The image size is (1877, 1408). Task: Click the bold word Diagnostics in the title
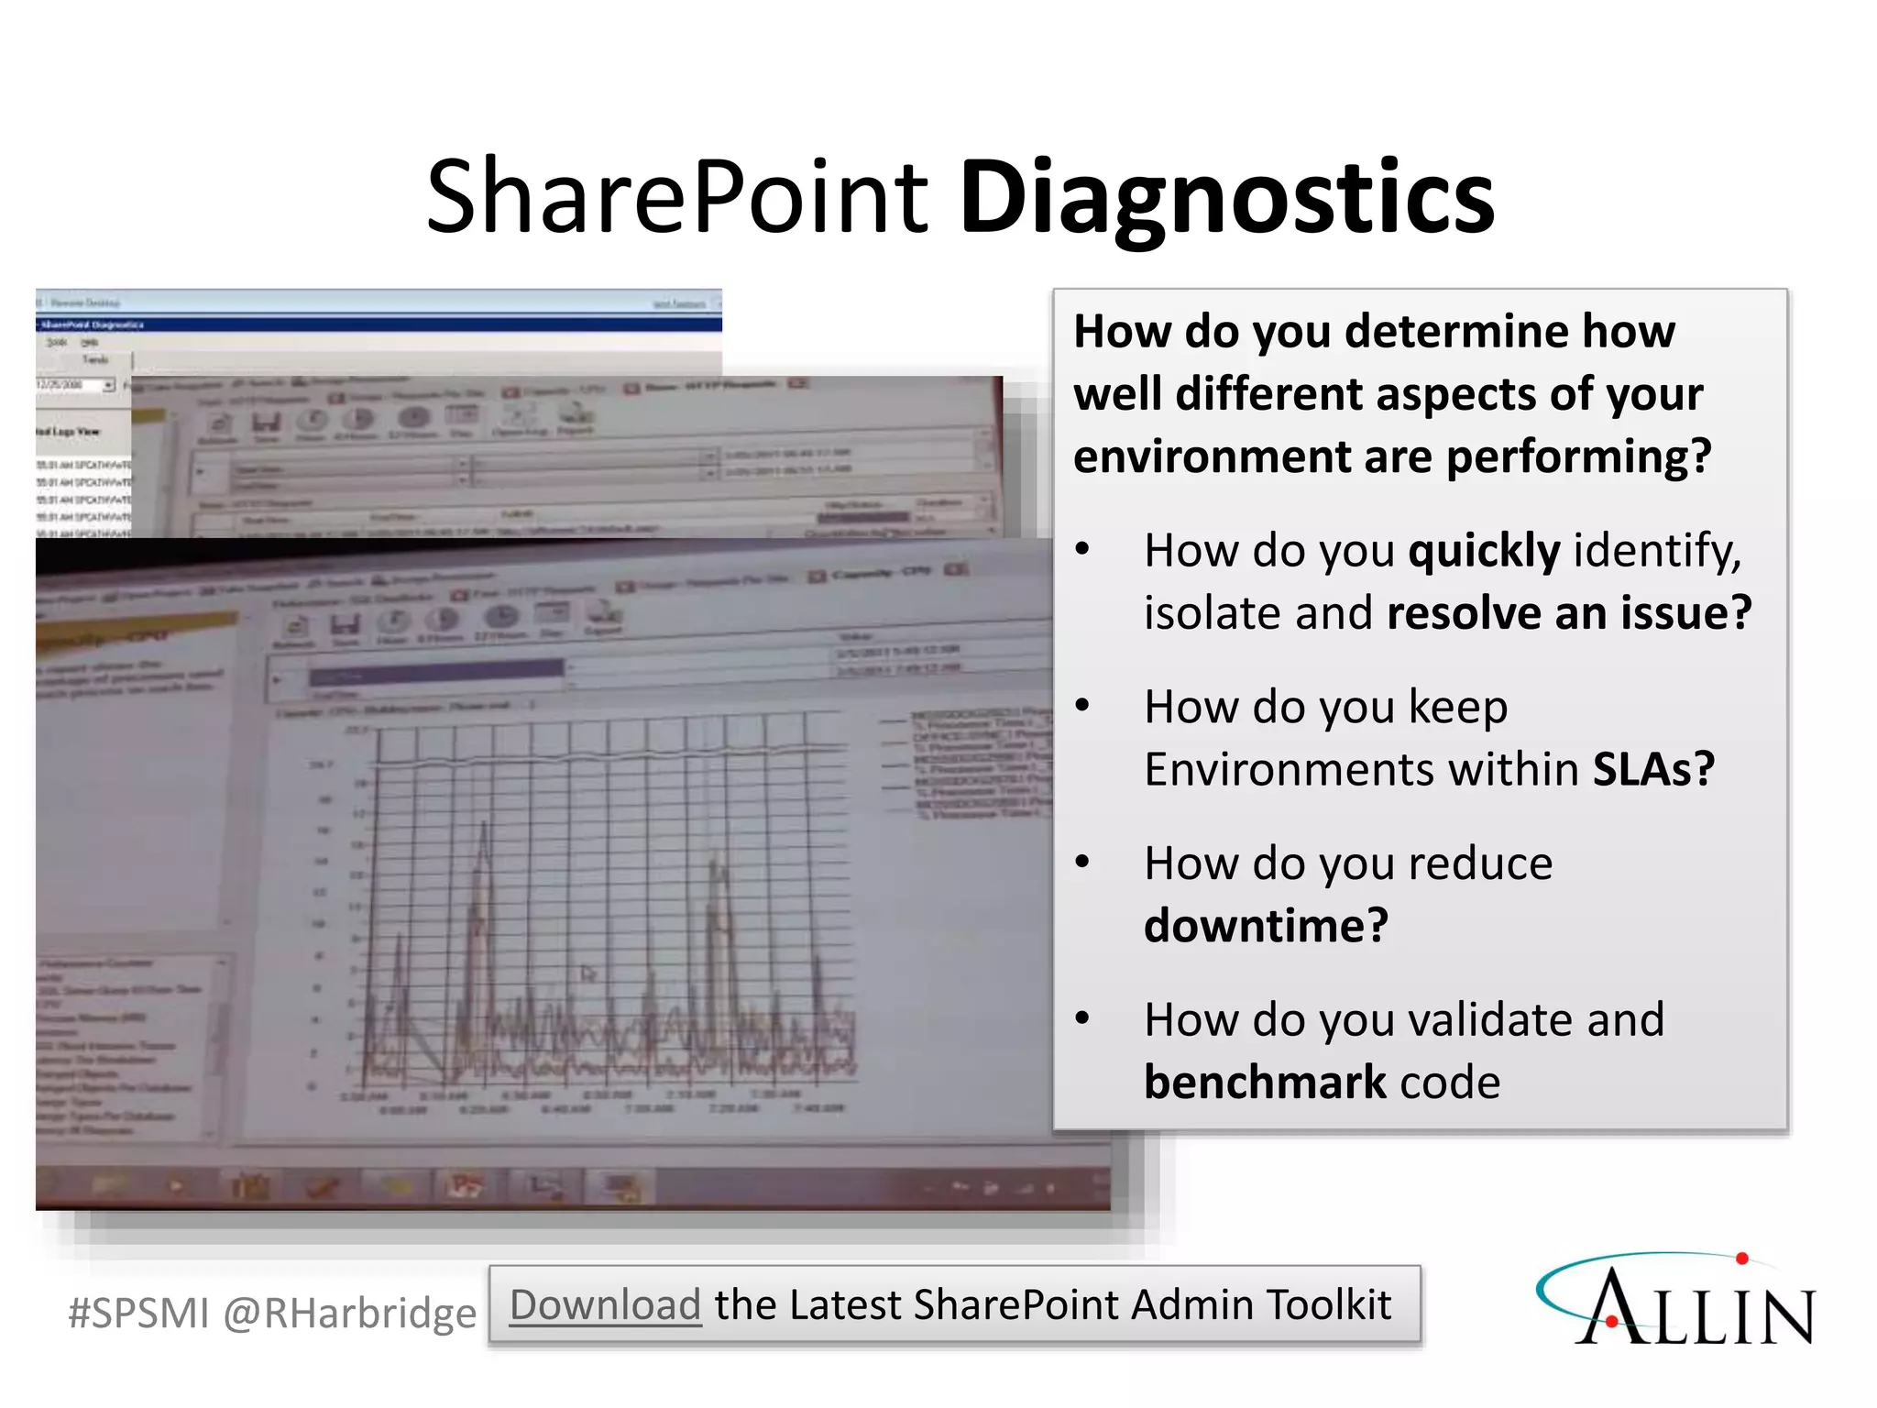click(x=1226, y=198)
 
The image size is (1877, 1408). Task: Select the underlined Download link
click(x=605, y=1304)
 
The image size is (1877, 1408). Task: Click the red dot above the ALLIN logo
click(x=1742, y=1259)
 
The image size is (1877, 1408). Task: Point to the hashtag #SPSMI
click(x=138, y=1313)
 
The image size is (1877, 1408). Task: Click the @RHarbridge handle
click(x=349, y=1313)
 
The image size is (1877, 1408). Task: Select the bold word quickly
click(x=1483, y=551)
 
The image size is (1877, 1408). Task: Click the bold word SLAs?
click(x=1652, y=769)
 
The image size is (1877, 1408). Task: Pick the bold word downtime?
click(x=1266, y=925)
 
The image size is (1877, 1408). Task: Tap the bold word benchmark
click(x=1264, y=1083)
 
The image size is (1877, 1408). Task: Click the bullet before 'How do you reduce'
click(x=1083, y=863)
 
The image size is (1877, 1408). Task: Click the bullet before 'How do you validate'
click(x=1083, y=1018)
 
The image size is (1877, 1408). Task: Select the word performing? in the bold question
click(x=1577, y=456)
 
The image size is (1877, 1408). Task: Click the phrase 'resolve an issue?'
click(x=1568, y=613)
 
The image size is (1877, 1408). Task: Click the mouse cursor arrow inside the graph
click(x=587, y=973)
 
